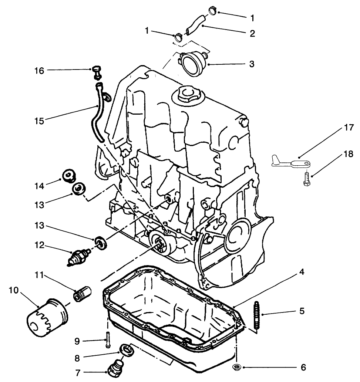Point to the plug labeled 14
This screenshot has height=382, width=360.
tap(68, 176)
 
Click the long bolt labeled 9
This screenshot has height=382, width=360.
tap(108, 339)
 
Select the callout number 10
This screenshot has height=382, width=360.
tap(14, 290)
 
